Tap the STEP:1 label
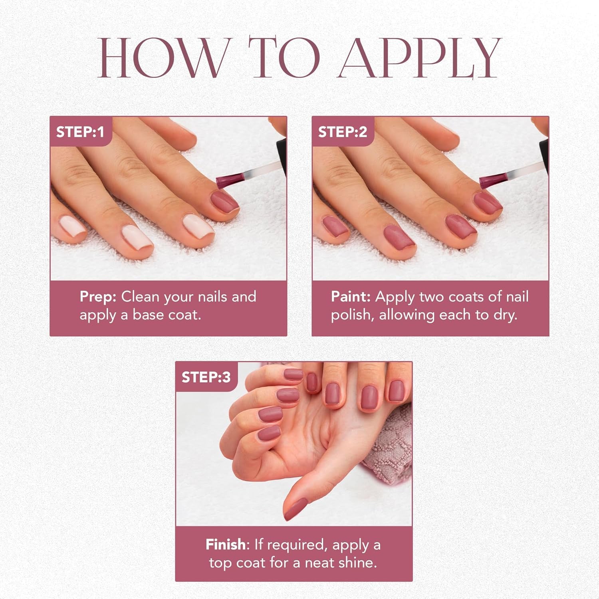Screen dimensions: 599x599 coord(80,132)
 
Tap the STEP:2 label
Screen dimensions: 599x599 coord(342,132)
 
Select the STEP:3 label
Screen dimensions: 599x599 coord(206,377)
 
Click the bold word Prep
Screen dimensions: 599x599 coord(98,297)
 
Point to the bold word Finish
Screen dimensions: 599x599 coord(226,544)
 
